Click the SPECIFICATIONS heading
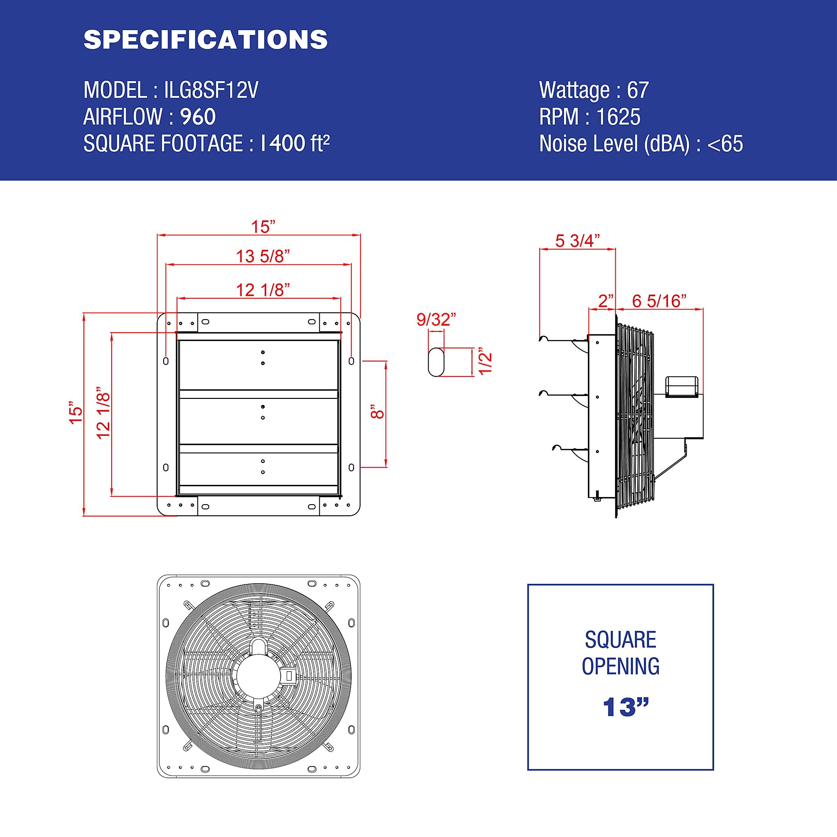(x=205, y=40)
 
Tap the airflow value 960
(x=197, y=117)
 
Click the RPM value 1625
(x=618, y=117)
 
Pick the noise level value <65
(x=725, y=144)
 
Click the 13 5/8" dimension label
(x=263, y=256)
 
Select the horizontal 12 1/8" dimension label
(x=263, y=290)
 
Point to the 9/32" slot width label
(x=436, y=320)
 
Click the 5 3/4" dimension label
(x=577, y=241)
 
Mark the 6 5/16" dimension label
(x=659, y=301)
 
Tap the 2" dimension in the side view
(x=606, y=301)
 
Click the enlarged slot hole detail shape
(x=436, y=362)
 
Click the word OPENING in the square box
(x=620, y=666)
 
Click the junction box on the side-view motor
(x=681, y=387)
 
